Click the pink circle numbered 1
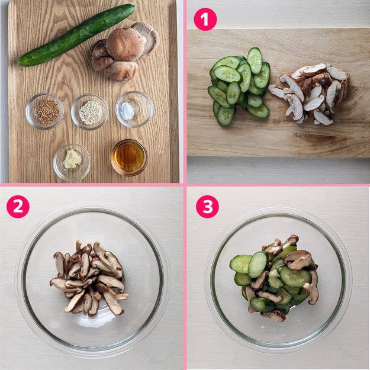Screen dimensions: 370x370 click(x=205, y=20)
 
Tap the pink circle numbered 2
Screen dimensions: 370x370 click(x=18, y=207)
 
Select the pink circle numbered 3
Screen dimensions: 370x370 click(x=207, y=207)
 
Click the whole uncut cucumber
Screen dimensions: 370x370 click(x=76, y=35)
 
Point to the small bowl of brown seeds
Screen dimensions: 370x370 click(x=44, y=111)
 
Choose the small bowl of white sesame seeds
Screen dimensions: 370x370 click(x=90, y=112)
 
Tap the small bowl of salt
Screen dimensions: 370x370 click(x=134, y=110)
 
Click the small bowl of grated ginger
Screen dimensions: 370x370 click(x=72, y=162)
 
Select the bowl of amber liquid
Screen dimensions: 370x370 click(x=129, y=157)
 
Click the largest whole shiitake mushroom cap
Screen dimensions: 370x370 click(x=125, y=44)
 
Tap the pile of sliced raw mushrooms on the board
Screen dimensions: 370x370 click(x=309, y=94)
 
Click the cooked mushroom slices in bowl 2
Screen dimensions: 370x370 click(x=89, y=278)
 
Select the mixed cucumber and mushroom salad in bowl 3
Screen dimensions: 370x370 click(x=274, y=278)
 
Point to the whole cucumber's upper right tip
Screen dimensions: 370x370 click(x=132, y=6)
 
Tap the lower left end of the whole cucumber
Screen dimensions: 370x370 click(x=20, y=63)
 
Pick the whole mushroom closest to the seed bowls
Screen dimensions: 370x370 click(x=123, y=72)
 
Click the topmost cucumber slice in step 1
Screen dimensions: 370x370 click(x=255, y=60)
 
